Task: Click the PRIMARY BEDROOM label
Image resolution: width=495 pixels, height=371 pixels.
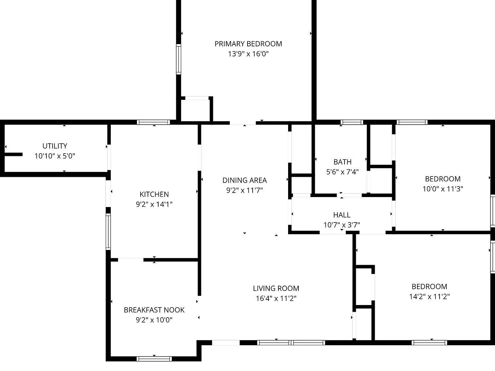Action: (248, 44)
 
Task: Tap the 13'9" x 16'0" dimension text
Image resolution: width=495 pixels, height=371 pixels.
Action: (248, 54)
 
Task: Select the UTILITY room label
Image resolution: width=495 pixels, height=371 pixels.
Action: (55, 146)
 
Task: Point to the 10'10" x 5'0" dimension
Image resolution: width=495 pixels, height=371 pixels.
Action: (55, 156)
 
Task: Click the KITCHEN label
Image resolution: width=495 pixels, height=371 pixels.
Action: (154, 194)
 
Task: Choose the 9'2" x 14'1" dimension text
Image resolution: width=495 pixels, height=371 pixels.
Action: (154, 204)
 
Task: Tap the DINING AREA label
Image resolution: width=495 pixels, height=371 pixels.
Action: (245, 180)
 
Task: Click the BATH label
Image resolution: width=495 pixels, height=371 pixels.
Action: (342, 162)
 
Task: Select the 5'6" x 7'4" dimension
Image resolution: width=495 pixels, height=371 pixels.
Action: (342, 172)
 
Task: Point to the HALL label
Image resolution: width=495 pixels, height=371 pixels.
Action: (342, 215)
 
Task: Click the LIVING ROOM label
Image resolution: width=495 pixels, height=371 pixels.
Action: (276, 288)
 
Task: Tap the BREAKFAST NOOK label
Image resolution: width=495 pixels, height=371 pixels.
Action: (154, 310)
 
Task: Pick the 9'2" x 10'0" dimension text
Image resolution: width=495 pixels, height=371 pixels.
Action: (154, 320)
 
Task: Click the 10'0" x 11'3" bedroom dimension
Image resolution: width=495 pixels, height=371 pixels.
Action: (443, 189)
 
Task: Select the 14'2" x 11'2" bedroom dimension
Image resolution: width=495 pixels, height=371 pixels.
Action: (429, 296)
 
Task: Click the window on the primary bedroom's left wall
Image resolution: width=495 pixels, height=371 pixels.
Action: (179, 59)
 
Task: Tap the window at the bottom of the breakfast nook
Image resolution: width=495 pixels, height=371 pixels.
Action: (154, 359)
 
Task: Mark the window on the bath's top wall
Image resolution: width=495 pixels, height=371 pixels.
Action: (352, 122)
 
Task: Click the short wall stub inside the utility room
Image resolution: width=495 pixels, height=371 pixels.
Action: (14, 154)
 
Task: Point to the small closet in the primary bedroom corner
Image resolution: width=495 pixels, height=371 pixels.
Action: (196, 110)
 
